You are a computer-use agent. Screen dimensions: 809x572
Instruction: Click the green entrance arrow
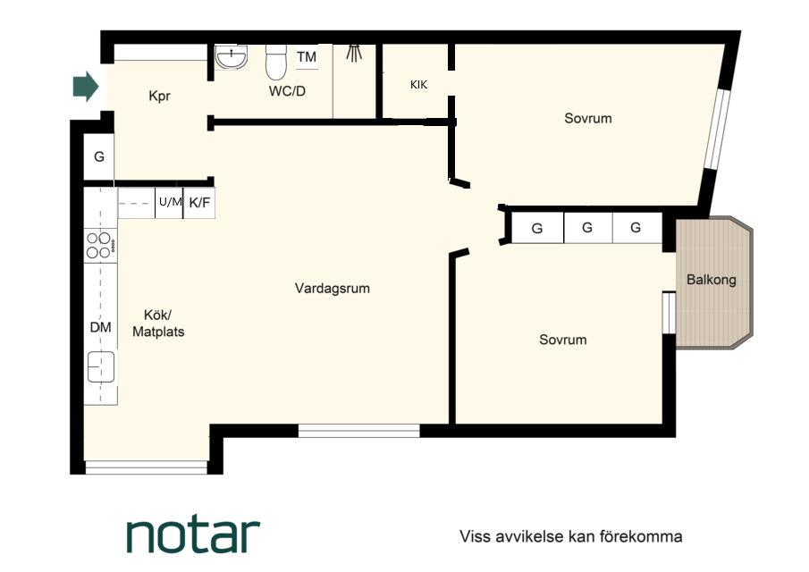point(86,86)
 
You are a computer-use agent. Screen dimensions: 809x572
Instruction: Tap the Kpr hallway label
point(159,96)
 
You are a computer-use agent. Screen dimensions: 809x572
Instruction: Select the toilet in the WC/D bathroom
point(276,62)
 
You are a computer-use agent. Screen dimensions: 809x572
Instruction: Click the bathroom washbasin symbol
point(232,57)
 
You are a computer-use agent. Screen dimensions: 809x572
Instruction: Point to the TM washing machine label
point(307,56)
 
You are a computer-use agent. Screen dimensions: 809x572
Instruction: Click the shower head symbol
point(353,54)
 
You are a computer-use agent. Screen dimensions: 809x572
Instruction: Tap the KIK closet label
point(419,85)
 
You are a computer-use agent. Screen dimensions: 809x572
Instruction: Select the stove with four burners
point(100,246)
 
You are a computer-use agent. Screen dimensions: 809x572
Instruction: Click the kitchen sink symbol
point(101,366)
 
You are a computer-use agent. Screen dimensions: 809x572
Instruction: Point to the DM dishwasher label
point(101,327)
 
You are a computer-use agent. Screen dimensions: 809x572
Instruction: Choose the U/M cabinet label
point(170,202)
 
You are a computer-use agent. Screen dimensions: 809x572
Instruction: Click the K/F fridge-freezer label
point(199,203)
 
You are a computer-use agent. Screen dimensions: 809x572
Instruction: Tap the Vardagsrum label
point(333,289)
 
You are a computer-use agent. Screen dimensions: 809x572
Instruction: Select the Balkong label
point(711,280)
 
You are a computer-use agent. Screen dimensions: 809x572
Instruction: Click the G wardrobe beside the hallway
point(99,156)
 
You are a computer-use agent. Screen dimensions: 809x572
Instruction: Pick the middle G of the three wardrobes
point(587,227)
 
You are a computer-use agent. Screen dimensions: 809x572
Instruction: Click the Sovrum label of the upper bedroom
point(588,119)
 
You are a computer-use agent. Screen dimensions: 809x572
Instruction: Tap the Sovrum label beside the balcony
point(563,340)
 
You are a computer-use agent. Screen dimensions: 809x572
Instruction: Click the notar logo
point(193,536)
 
